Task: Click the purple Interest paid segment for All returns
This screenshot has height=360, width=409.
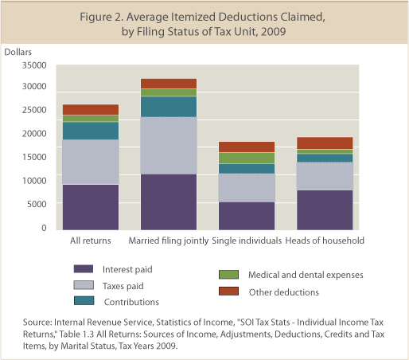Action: click(91, 207)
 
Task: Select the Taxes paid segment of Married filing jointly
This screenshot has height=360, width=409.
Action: click(169, 146)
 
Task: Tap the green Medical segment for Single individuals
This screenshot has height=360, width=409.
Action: click(247, 158)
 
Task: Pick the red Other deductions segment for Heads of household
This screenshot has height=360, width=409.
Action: click(325, 143)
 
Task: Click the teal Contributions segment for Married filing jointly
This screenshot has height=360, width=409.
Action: click(169, 107)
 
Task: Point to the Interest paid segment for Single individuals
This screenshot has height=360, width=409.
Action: click(247, 216)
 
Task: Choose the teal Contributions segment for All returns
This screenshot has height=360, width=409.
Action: click(91, 131)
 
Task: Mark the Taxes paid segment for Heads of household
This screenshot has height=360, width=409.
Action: click(325, 176)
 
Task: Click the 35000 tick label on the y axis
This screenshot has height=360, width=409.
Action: click(34, 65)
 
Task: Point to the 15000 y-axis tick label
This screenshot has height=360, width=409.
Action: click(34, 157)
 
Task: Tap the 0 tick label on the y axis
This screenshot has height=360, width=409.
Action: click(44, 228)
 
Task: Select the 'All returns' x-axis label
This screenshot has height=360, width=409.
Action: click(91, 241)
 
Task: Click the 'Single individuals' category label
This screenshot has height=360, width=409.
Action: click(247, 241)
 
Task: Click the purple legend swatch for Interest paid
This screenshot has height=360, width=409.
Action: click(84, 268)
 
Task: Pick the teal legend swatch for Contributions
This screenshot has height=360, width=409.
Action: click(84, 300)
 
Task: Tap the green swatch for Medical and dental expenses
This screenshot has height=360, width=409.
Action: click(228, 275)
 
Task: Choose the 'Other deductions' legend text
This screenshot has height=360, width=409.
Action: click(284, 292)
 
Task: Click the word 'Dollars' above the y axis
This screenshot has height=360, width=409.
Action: click(18, 52)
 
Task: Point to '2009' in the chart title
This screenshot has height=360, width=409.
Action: click(274, 32)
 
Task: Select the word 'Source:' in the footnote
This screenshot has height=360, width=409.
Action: click(37, 323)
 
